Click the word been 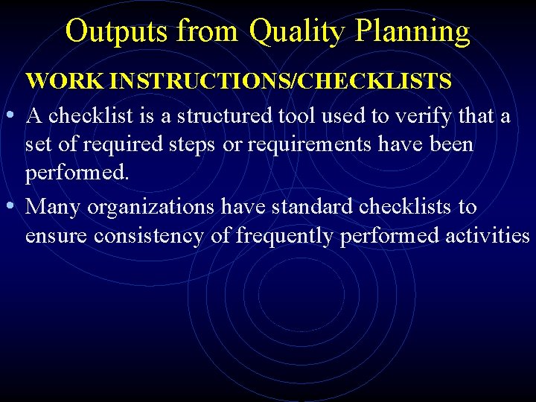pos(449,144)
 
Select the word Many pos(54,206)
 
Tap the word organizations pos(152,206)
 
